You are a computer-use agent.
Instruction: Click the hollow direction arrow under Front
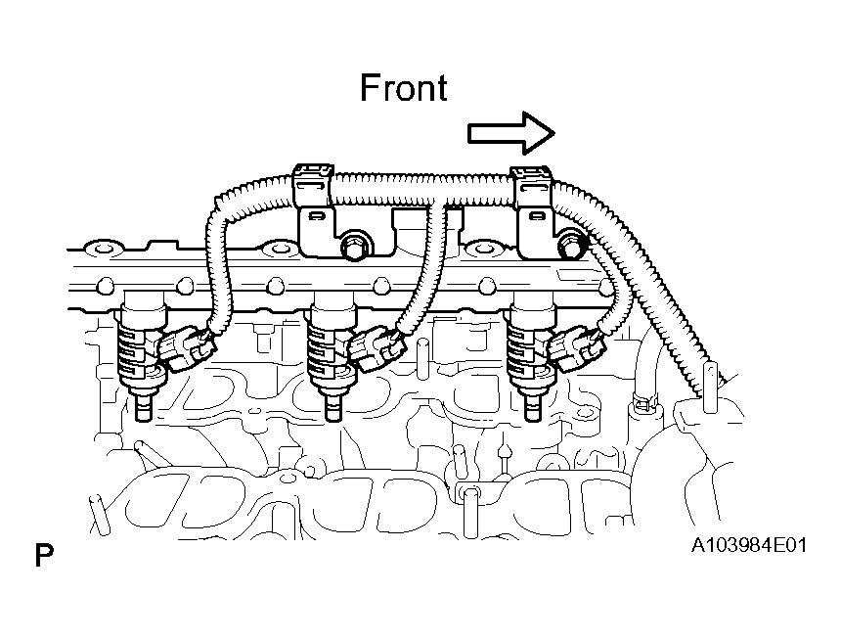click(x=511, y=133)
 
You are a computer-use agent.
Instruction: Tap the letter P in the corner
click(x=45, y=555)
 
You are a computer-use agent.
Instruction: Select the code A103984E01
click(x=749, y=545)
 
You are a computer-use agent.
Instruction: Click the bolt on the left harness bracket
click(x=353, y=247)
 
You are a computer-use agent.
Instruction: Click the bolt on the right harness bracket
click(x=572, y=245)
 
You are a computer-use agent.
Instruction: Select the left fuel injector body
click(x=141, y=343)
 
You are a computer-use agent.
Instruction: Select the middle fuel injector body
click(x=331, y=343)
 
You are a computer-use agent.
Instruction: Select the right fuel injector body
click(x=531, y=343)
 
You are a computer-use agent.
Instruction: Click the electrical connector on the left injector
click(x=187, y=348)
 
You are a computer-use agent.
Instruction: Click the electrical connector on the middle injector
click(x=377, y=350)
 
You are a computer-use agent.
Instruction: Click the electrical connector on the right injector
click(x=577, y=350)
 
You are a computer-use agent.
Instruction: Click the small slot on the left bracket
click(x=316, y=216)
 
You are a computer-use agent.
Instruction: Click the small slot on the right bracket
click(x=535, y=216)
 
